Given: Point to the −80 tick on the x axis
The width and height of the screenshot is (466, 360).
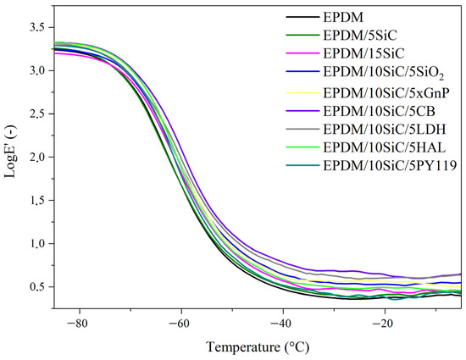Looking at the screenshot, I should [x=78, y=324].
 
